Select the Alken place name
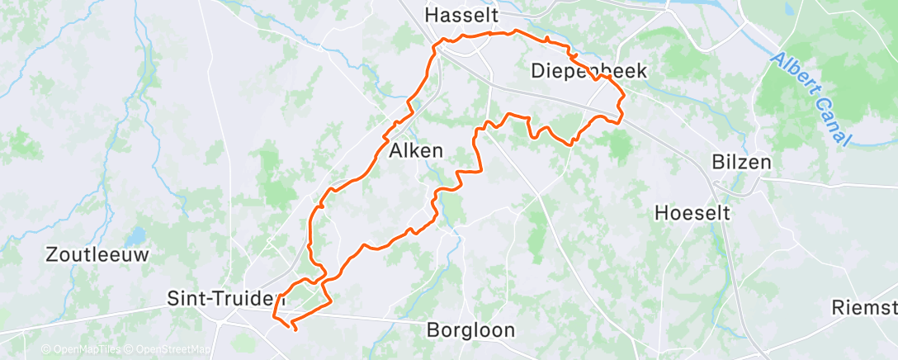pyautogui.click(x=416, y=151)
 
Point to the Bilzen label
pyautogui.click(x=742, y=162)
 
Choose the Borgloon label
pyautogui.click(x=470, y=330)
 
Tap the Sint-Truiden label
pyautogui.click(x=220, y=297)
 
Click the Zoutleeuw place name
pyautogui.click(x=97, y=254)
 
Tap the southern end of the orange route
pyautogui.click(x=295, y=329)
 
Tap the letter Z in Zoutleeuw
pyautogui.click(x=51, y=254)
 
